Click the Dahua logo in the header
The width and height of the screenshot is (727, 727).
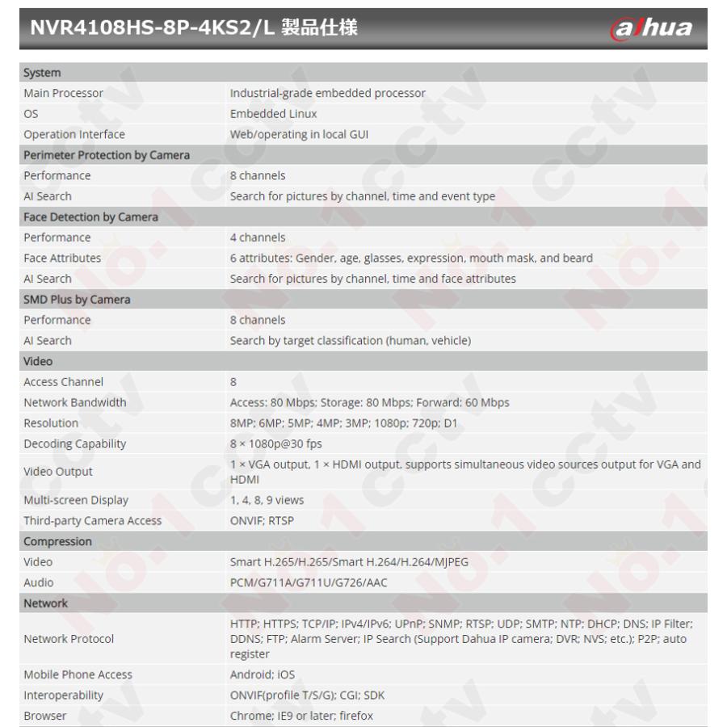pyautogui.click(x=652, y=28)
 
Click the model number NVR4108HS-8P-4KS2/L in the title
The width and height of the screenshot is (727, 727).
pyautogui.click(x=153, y=28)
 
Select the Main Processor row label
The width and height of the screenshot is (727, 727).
pyautogui.click(x=64, y=93)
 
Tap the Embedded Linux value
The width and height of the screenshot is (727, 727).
pyautogui.click(x=273, y=114)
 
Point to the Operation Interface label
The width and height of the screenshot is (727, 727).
pyautogui.click(x=74, y=134)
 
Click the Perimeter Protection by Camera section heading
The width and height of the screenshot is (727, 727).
pyautogui.click(x=107, y=155)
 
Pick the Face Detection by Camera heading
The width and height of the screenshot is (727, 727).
pyautogui.click(x=90, y=216)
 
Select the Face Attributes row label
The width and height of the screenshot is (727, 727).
pyautogui.click(x=62, y=258)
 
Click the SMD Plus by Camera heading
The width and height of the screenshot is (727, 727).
pyautogui.click(x=77, y=299)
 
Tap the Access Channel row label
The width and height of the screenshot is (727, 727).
pyautogui.click(x=64, y=382)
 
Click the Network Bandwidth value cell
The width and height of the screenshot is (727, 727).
pyautogui.click(x=369, y=402)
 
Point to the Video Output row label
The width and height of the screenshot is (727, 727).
pyautogui.click(x=58, y=472)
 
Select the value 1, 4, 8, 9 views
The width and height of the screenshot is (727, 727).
pyautogui.click(x=267, y=500)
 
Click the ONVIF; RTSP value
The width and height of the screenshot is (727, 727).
pyautogui.click(x=262, y=521)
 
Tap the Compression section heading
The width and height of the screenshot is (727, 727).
pyautogui.click(x=57, y=541)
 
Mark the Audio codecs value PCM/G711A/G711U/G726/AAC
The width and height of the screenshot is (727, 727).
pyautogui.click(x=309, y=582)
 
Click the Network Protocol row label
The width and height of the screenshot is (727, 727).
pyautogui.click(x=69, y=639)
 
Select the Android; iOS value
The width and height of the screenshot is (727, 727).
pyautogui.click(x=263, y=674)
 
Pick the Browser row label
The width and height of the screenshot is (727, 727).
pyautogui.click(x=45, y=716)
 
